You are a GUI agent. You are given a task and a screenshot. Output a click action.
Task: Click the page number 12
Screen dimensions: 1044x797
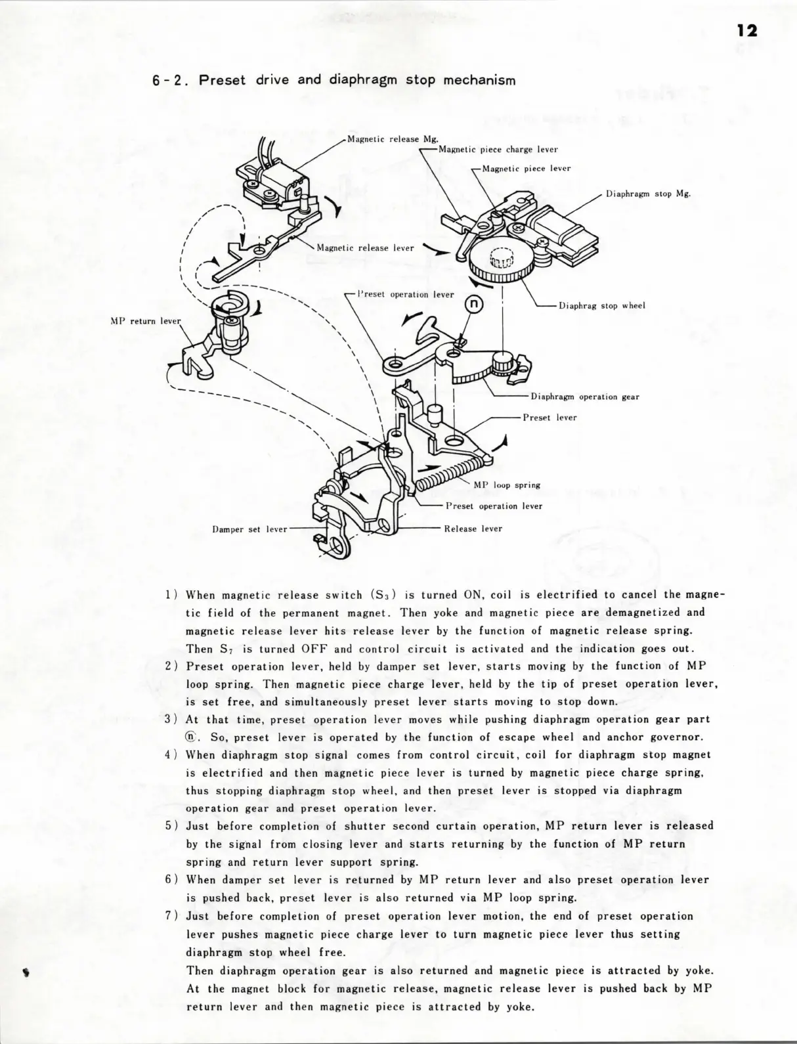(746, 31)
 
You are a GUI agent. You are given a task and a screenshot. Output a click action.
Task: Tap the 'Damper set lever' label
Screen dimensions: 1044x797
(250, 529)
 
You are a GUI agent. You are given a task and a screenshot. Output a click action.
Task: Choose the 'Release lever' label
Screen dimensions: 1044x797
(473, 528)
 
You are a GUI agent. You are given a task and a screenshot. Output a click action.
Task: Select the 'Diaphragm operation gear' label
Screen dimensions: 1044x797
(585, 397)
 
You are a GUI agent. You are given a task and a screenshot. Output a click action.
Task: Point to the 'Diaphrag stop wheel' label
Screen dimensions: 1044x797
(602, 305)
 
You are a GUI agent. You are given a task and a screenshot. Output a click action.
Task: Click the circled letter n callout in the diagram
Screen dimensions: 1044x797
(474, 303)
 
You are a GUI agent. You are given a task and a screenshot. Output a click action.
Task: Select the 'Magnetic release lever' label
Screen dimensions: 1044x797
(365, 248)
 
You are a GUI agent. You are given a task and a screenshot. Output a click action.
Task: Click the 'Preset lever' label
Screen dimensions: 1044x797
(549, 417)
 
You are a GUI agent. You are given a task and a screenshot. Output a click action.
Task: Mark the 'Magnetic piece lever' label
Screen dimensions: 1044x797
(526, 168)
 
